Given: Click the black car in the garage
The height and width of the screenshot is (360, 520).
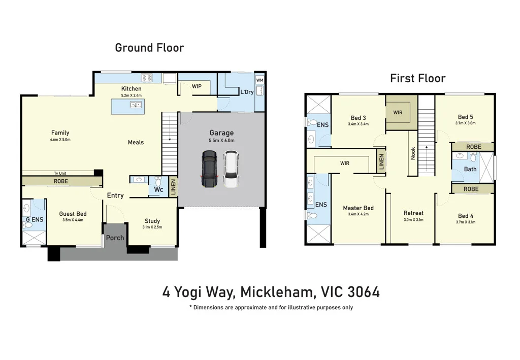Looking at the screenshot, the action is click(x=209, y=169).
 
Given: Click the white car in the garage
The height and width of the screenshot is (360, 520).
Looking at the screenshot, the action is click(x=231, y=169).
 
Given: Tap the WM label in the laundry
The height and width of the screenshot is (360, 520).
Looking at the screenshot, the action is click(x=259, y=80).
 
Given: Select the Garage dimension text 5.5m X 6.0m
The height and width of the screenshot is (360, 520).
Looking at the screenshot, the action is click(x=221, y=140).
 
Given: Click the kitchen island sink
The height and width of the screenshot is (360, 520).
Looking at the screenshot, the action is click(x=135, y=105).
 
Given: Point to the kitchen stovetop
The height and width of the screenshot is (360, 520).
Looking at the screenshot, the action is click(x=147, y=78).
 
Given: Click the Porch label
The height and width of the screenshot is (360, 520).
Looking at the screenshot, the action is click(x=115, y=238).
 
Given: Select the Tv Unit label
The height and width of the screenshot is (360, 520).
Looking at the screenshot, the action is click(x=60, y=173).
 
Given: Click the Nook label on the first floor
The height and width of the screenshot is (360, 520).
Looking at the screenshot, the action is click(x=413, y=153).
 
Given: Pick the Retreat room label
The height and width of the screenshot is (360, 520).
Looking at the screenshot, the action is click(x=413, y=213).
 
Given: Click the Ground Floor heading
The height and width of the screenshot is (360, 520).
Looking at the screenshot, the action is click(x=149, y=48).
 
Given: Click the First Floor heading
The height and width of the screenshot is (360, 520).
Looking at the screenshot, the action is click(x=417, y=78).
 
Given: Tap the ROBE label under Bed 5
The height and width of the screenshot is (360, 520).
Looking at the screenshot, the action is click(x=474, y=147).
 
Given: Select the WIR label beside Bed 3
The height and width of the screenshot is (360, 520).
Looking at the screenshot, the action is click(x=398, y=112).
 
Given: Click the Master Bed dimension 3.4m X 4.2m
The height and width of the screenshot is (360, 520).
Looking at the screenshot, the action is click(x=358, y=214).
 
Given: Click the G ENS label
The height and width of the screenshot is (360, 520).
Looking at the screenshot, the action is click(x=35, y=219).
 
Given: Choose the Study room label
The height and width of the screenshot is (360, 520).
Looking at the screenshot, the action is click(x=152, y=221).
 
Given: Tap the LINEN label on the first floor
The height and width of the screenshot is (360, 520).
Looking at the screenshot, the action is click(x=381, y=161).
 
